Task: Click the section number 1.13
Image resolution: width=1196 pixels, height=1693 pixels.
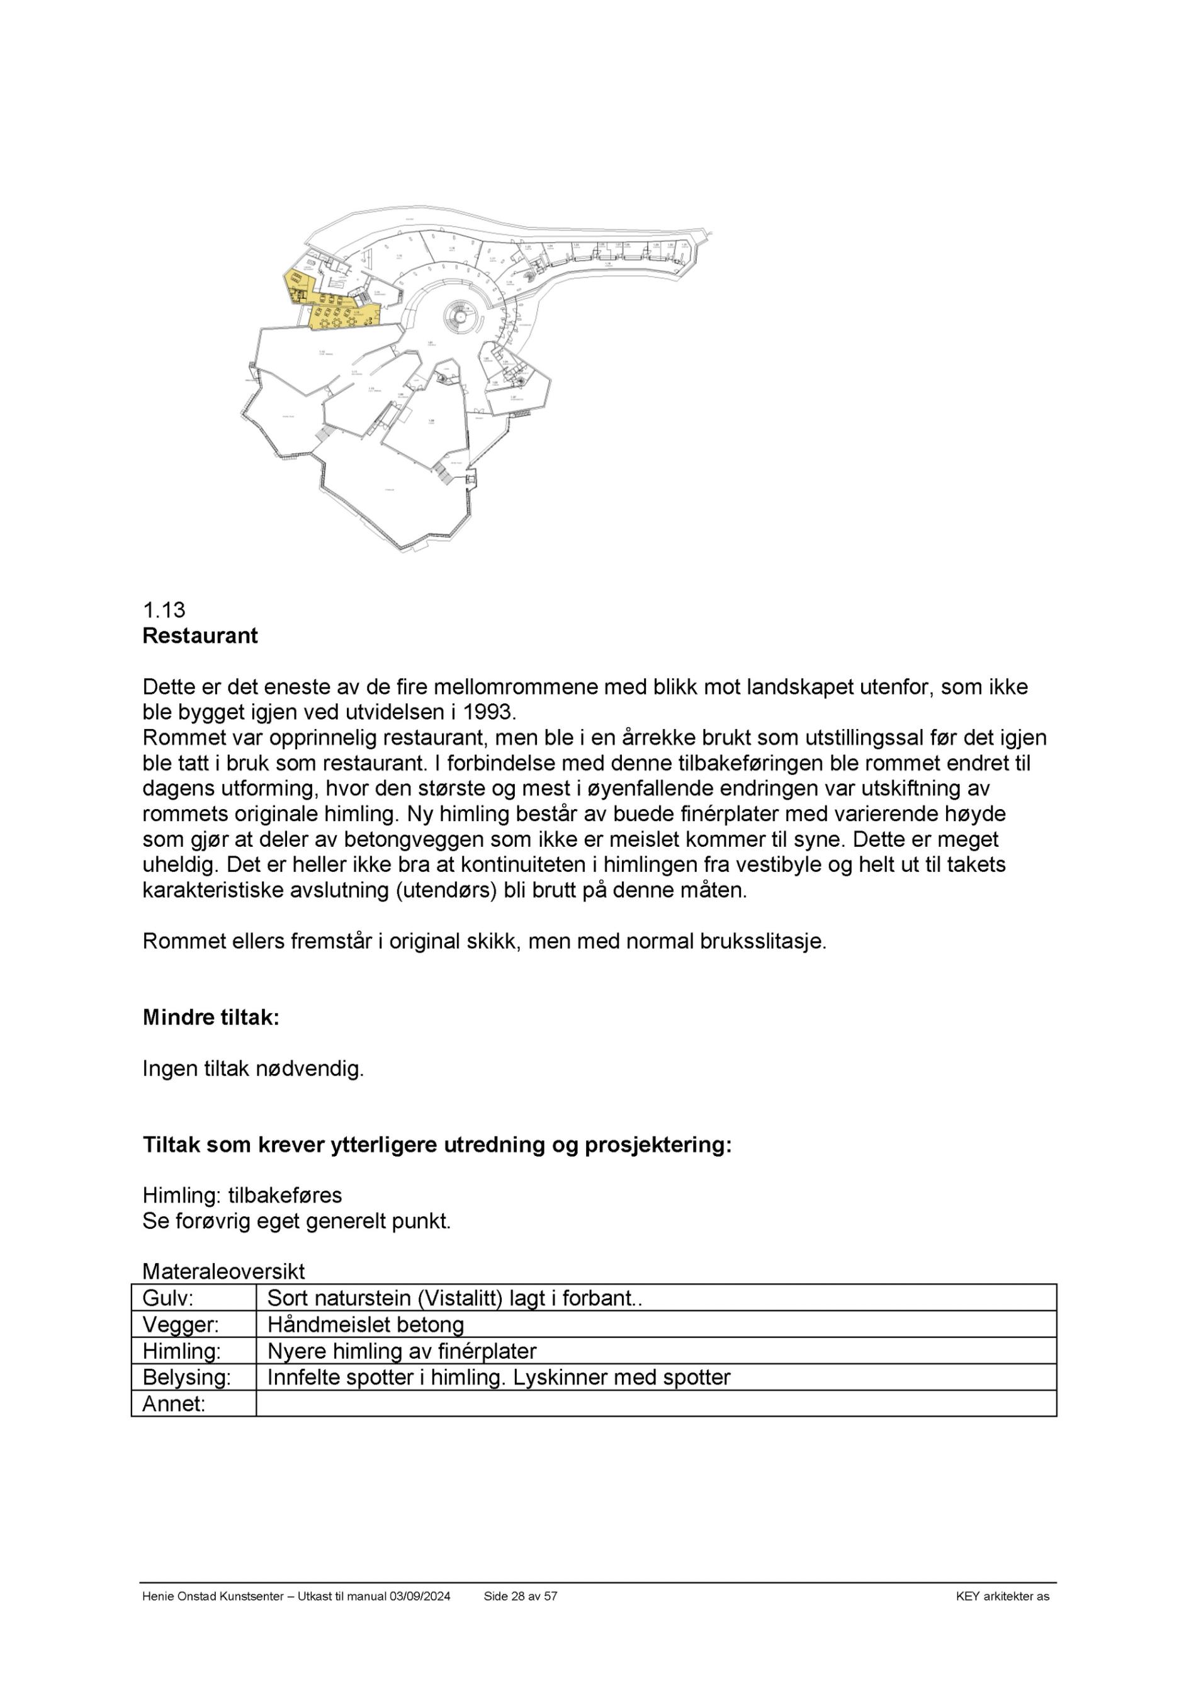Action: click(x=164, y=610)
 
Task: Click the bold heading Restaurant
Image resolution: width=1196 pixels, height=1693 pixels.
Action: click(x=200, y=636)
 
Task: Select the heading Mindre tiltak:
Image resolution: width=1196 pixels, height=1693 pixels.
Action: click(x=210, y=1017)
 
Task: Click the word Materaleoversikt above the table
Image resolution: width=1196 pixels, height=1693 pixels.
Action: click(x=223, y=1271)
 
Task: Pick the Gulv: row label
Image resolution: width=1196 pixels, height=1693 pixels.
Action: click(x=167, y=1298)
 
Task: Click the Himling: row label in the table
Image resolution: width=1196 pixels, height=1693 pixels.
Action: click(x=181, y=1351)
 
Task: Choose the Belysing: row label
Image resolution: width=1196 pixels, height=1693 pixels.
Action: click(x=186, y=1378)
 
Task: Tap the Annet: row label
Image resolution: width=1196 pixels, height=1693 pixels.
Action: click(x=173, y=1404)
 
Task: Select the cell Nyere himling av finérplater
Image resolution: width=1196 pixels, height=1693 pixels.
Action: click(x=401, y=1351)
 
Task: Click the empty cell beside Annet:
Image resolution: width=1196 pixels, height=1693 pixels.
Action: click(x=655, y=1404)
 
